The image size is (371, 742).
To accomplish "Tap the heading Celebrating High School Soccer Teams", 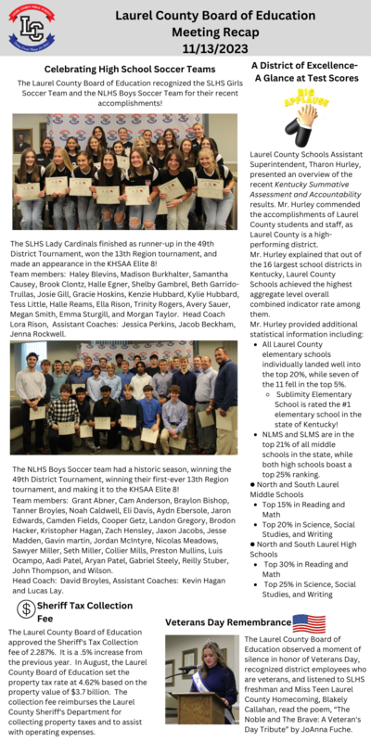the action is coord(130,70).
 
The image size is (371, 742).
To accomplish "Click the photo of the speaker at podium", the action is coord(201,679).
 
